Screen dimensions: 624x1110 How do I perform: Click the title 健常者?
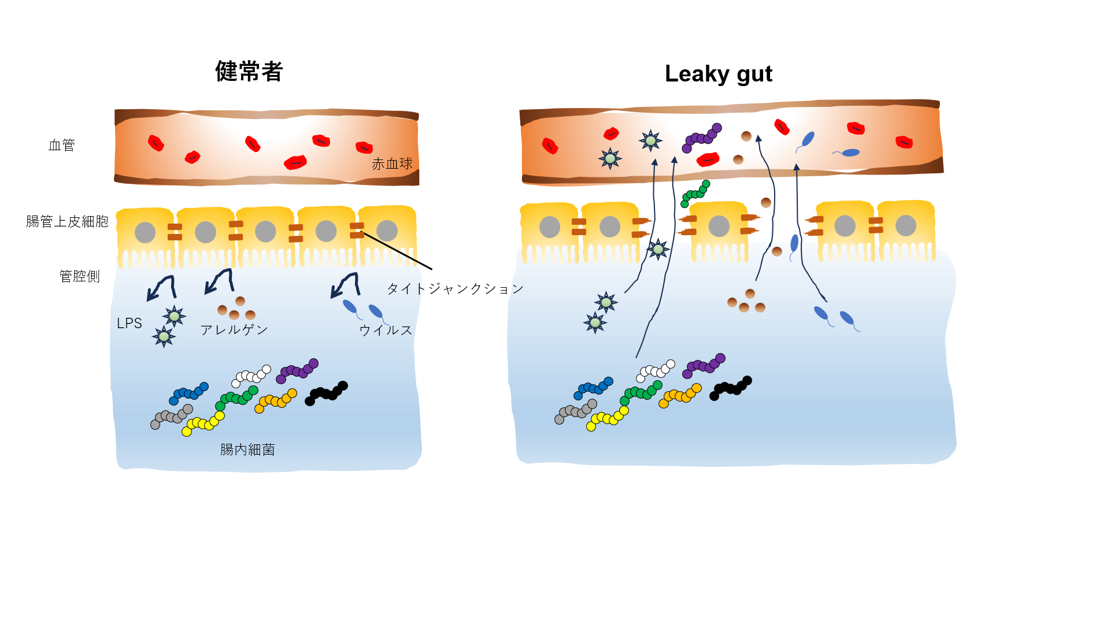pos(249,72)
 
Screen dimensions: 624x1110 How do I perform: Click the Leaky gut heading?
pos(718,74)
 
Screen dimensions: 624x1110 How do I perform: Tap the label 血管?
pos(61,145)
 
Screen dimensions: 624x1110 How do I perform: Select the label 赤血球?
pos(392,164)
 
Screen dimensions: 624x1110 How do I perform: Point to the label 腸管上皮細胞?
pos(67,221)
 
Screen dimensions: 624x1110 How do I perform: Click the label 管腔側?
pos(79,276)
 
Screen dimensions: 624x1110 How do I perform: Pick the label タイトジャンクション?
pos(454,288)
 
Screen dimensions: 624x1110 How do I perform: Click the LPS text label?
pos(129,324)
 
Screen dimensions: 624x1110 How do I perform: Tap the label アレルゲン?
pos(234,330)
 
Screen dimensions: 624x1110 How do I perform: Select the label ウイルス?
pos(386,330)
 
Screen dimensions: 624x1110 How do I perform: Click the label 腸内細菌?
pos(247,450)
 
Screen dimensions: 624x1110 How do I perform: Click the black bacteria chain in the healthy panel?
pos(326,393)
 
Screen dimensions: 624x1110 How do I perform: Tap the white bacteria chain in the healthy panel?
pos(251,376)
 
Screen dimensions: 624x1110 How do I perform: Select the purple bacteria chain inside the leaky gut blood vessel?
pos(702,138)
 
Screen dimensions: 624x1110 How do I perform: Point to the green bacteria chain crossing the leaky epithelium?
pos(695,194)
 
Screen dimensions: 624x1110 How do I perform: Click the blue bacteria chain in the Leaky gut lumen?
pos(593,388)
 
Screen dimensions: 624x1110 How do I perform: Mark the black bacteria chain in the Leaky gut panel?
pos(731,388)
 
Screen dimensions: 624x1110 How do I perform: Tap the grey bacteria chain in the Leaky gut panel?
pos(575,411)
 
